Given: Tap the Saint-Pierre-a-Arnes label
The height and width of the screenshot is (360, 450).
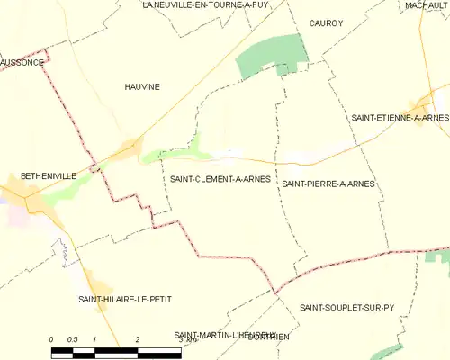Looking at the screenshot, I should (328, 184).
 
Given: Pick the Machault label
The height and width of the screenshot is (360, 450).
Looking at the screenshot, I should (426, 5).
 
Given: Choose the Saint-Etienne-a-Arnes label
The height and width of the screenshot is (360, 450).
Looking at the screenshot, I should (400, 118).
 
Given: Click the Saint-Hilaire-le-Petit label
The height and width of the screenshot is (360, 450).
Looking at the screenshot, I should (124, 298).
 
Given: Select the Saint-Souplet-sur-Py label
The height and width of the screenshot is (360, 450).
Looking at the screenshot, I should (347, 307).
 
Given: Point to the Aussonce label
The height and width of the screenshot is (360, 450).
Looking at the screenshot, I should (22, 63).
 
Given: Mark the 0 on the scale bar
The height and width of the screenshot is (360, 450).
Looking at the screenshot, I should (52, 339).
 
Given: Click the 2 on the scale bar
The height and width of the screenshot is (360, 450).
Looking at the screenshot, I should (137, 339).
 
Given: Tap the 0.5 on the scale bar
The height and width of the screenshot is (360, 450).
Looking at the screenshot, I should (74, 339).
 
